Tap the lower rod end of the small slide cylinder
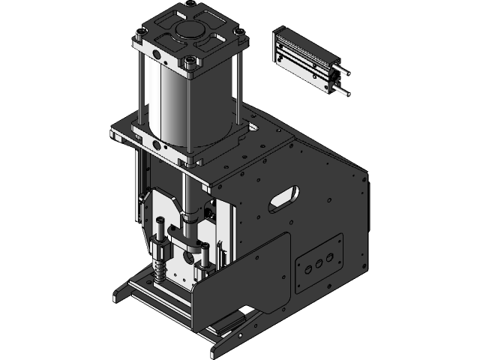point(342,92)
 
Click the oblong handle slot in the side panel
point(283,199)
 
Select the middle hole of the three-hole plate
point(317,264)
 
